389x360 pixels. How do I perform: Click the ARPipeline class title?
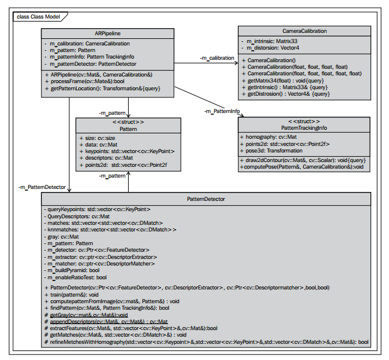pos(107,33)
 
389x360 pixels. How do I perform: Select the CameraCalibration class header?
pos(305,31)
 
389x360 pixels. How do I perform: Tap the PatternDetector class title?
pos(206,199)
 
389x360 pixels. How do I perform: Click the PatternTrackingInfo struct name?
pos(304,128)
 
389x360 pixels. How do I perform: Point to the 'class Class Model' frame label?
pos(38,17)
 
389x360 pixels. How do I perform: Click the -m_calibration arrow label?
pos(217,58)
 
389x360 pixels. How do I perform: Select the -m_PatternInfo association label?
pos(222,111)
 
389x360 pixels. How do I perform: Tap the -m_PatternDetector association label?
pos(42,187)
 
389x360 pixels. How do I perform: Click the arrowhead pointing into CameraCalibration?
pos(236,63)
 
